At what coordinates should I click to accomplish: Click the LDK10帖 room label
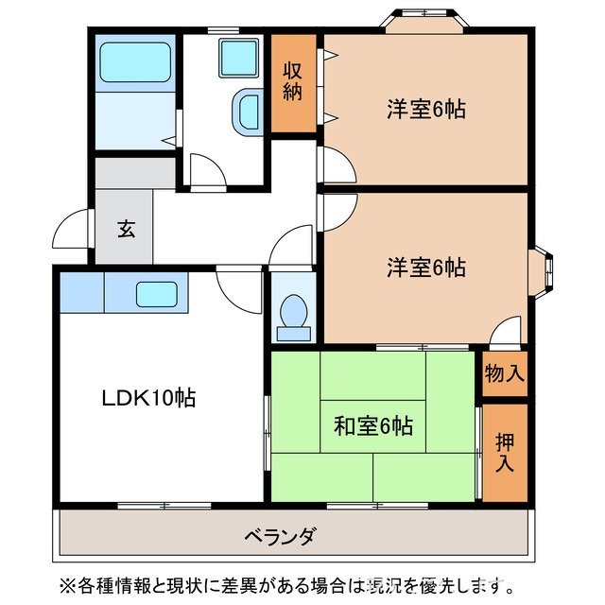click(148, 398)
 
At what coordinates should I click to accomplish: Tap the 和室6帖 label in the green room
click(373, 425)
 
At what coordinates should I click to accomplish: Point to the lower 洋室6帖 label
click(425, 267)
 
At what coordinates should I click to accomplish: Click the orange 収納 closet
click(294, 82)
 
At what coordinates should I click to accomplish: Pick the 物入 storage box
click(504, 372)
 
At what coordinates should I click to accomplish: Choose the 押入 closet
click(504, 452)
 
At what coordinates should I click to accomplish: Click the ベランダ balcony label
click(280, 536)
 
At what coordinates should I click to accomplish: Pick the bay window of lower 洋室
click(548, 268)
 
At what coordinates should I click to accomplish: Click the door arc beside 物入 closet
click(506, 331)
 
